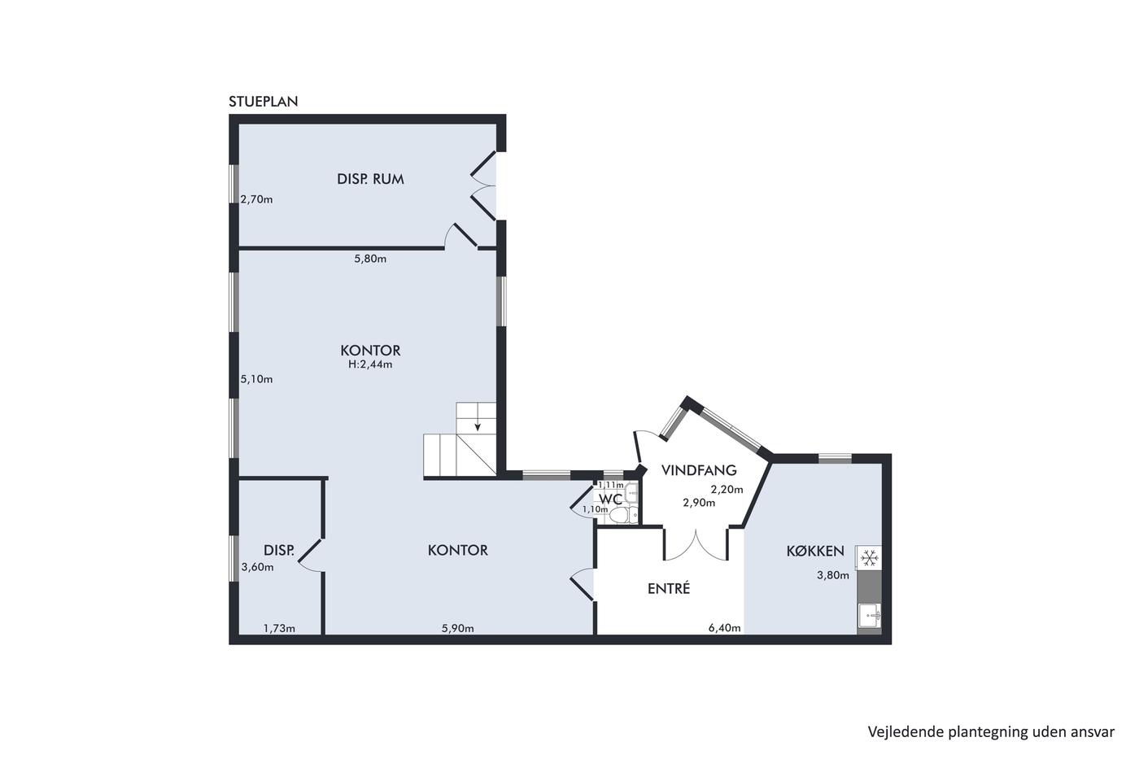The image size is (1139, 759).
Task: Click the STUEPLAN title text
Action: pyautogui.click(x=264, y=102)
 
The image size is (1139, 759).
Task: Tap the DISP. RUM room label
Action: pyautogui.click(x=370, y=179)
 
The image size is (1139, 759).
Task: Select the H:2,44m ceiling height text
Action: pyautogui.click(x=370, y=364)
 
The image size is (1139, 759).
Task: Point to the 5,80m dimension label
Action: pyautogui.click(x=370, y=259)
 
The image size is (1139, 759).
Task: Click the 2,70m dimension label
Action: pyautogui.click(x=256, y=199)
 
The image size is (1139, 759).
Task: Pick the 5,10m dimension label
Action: pyautogui.click(x=256, y=379)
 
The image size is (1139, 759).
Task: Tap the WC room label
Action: pyautogui.click(x=611, y=499)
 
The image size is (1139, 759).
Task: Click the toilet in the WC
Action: pyautogui.click(x=624, y=516)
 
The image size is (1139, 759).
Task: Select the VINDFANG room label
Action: pyautogui.click(x=699, y=470)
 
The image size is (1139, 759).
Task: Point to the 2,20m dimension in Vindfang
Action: pyautogui.click(x=727, y=490)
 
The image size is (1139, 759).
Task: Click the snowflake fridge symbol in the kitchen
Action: pyautogui.click(x=869, y=558)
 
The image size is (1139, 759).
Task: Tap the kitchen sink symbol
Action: pyautogui.click(x=870, y=616)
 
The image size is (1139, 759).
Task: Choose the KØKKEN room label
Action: pyautogui.click(x=815, y=551)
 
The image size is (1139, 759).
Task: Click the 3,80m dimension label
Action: pyautogui.click(x=833, y=575)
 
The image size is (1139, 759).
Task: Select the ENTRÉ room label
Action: pyautogui.click(x=669, y=589)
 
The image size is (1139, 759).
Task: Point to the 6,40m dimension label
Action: pyautogui.click(x=725, y=628)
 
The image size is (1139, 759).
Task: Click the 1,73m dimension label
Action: pyautogui.click(x=279, y=628)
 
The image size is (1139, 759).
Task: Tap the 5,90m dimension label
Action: pyautogui.click(x=457, y=628)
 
